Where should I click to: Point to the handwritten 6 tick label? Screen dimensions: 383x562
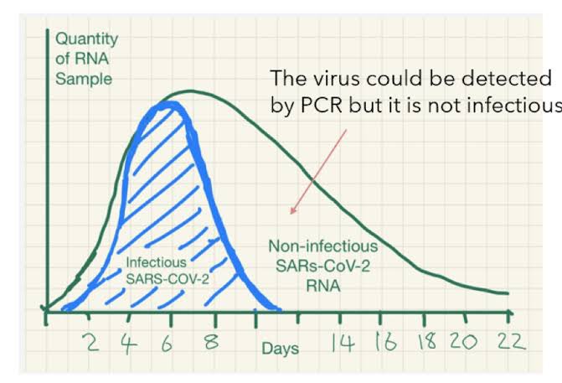coord(171,342)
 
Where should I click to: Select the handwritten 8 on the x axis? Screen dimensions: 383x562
coord(212,342)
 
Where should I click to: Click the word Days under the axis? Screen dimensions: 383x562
coord(279,348)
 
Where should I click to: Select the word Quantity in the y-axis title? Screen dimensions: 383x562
coord(86,39)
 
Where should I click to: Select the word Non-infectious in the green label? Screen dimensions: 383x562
coord(322,247)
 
